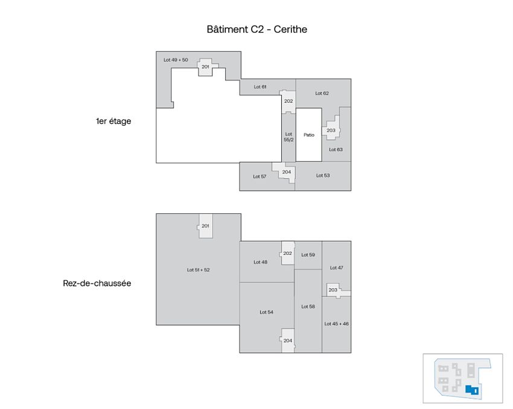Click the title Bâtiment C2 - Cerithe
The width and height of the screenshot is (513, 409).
pyautogui.click(x=257, y=29)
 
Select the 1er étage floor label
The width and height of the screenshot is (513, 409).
pyautogui.click(x=113, y=121)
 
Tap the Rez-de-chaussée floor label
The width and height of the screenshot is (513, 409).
pyautogui.click(x=97, y=282)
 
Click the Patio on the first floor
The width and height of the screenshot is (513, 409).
pyautogui.click(x=309, y=135)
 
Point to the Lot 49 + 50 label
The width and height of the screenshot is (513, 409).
pyautogui.click(x=176, y=60)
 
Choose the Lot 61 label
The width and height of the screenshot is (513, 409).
pyautogui.click(x=260, y=87)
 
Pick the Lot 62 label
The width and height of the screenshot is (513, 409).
pyautogui.click(x=322, y=93)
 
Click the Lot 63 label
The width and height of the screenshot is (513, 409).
pyautogui.click(x=336, y=149)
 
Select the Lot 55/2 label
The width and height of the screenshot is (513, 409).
pyautogui.click(x=288, y=137)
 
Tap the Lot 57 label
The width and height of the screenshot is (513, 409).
pyautogui.click(x=260, y=176)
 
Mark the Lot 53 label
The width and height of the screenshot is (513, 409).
pyautogui.click(x=323, y=175)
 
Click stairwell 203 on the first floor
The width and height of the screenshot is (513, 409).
pyautogui.click(x=331, y=130)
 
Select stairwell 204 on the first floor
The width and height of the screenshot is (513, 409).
pyautogui.click(x=286, y=172)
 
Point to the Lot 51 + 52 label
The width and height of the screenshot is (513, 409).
pyautogui.click(x=198, y=269)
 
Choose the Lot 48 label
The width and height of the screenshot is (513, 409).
pyautogui.click(x=260, y=262)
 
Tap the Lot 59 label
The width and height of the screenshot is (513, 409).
pyautogui.click(x=308, y=254)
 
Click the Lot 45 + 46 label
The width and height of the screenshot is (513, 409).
pyautogui.click(x=336, y=324)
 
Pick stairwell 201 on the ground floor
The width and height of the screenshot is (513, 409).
pyautogui.click(x=205, y=226)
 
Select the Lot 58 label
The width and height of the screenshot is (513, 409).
pyautogui.click(x=308, y=306)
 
